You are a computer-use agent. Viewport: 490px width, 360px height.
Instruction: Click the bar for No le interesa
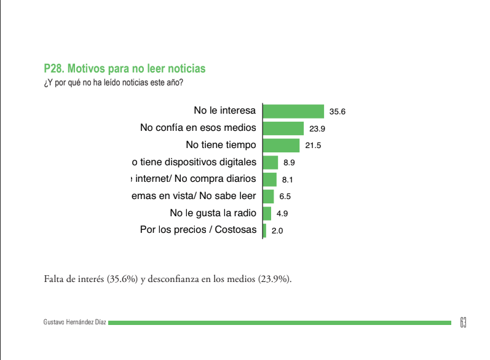point(293,111)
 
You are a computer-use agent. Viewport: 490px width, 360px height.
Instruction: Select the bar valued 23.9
point(283,128)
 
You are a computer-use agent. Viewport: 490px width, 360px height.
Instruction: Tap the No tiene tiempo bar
point(281,146)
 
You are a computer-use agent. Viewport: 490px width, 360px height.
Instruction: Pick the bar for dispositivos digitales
point(271,162)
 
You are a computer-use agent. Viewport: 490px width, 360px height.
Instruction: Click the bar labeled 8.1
point(270,179)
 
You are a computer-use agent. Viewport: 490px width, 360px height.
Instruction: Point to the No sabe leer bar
point(268,197)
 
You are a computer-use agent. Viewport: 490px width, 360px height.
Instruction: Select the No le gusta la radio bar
point(267,214)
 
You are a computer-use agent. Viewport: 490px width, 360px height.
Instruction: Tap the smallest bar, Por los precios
point(264,231)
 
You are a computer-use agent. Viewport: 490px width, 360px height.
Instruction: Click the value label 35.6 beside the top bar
point(338,112)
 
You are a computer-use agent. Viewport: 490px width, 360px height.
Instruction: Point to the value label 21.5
point(314,146)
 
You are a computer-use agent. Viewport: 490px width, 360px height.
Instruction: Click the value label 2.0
point(277,232)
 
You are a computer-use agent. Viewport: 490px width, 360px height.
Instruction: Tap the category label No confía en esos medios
point(198,128)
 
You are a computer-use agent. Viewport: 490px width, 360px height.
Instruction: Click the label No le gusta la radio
point(213,214)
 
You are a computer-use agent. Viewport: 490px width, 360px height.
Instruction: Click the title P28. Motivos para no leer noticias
point(125,68)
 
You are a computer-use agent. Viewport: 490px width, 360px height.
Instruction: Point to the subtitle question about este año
point(114,82)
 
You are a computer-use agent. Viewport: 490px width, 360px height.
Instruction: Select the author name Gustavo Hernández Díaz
point(75,323)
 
